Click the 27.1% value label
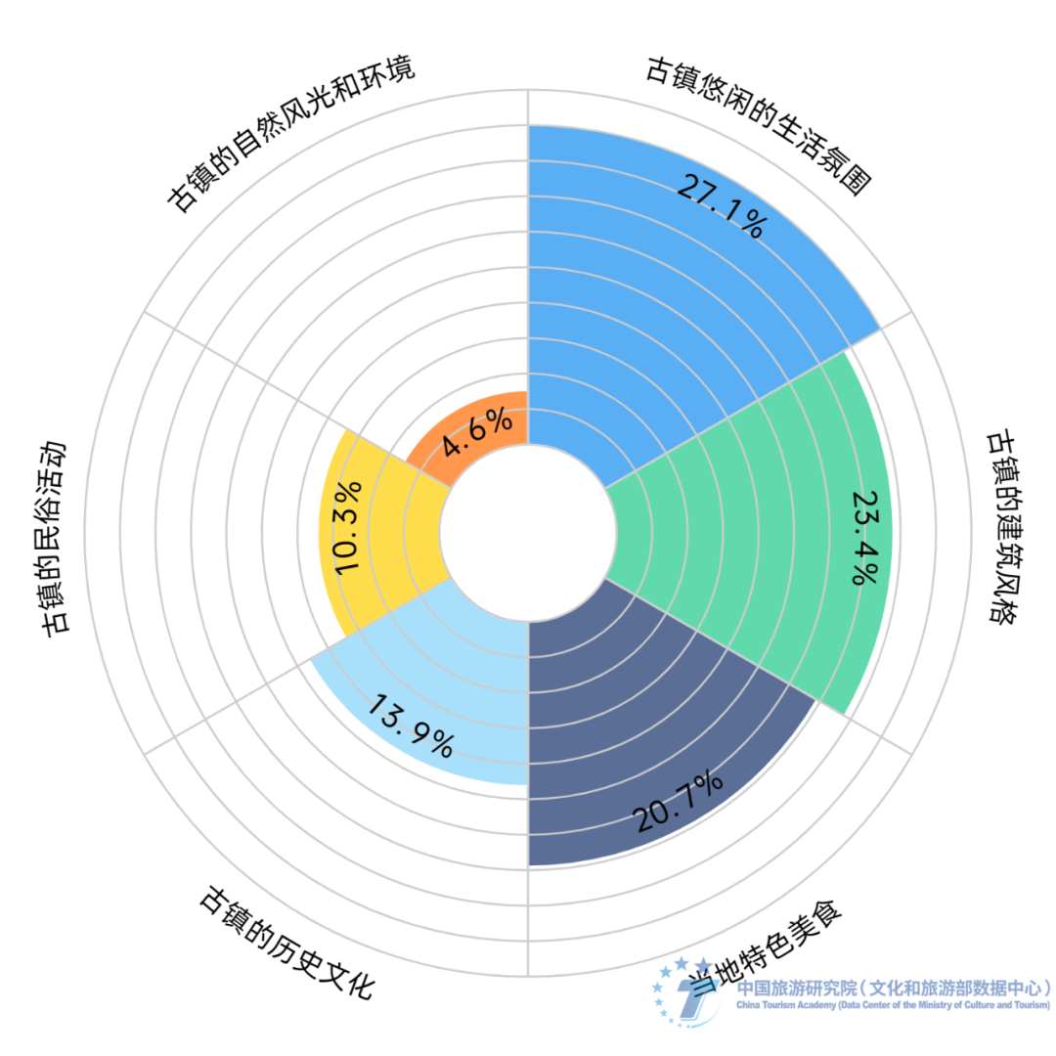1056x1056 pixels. [x=720, y=206]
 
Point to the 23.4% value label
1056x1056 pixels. [x=864, y=536]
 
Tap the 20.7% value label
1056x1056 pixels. [x=678, y=803]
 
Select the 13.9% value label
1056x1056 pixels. [x=411, y=726]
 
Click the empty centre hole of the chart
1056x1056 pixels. [x=528, y=533]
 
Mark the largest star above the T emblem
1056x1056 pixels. [x=703, y=966]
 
